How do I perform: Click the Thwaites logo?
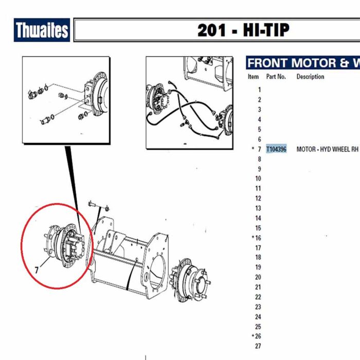(x=42, y=30)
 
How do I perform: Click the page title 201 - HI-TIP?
(x=243, y=30)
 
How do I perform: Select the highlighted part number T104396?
(x=276, y=149)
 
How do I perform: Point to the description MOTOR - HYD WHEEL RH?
(x=327, y=149)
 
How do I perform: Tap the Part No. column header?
(x=276, y=77)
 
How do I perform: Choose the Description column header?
(x=310, y=77)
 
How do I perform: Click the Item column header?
(x=253, y=77)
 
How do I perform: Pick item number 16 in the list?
(x=258, y=238)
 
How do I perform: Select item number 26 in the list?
(x=258, y=336)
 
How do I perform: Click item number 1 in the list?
(x=259, y=89)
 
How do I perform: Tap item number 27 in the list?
(x=258, y=346)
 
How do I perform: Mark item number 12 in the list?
(x=258, y=199)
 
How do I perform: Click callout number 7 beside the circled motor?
(x=37, y=270)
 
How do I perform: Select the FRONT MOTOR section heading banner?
(x=303, y=63)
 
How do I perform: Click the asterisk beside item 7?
(x=253, y=148)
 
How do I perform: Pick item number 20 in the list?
(x=258, y=277)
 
